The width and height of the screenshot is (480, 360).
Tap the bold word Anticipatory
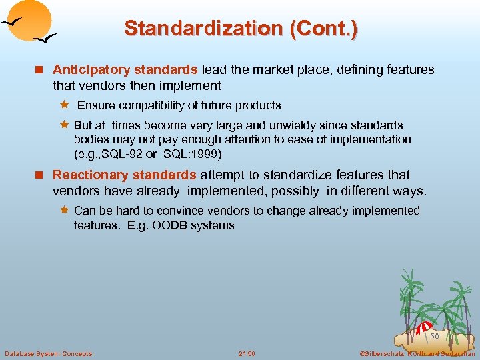pyautogui.click(x=91, y=69)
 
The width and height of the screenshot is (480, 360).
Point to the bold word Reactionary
pyautogui.click(x=89, y=175)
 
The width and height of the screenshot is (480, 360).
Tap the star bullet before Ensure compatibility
pyautogui.click(x=65, y=105)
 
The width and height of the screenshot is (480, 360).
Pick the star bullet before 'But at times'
pyautogui.click(x=65, y=125)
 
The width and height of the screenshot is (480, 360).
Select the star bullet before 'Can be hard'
pyautogui.click(x=65, y=211)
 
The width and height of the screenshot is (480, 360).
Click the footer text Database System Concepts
pyautogui.click(x=48, y=353)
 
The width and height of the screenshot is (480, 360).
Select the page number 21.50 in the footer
pyautogui.click(x=246, y=353)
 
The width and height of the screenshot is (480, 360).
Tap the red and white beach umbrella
pyautogui.click(x=424, y=329)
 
